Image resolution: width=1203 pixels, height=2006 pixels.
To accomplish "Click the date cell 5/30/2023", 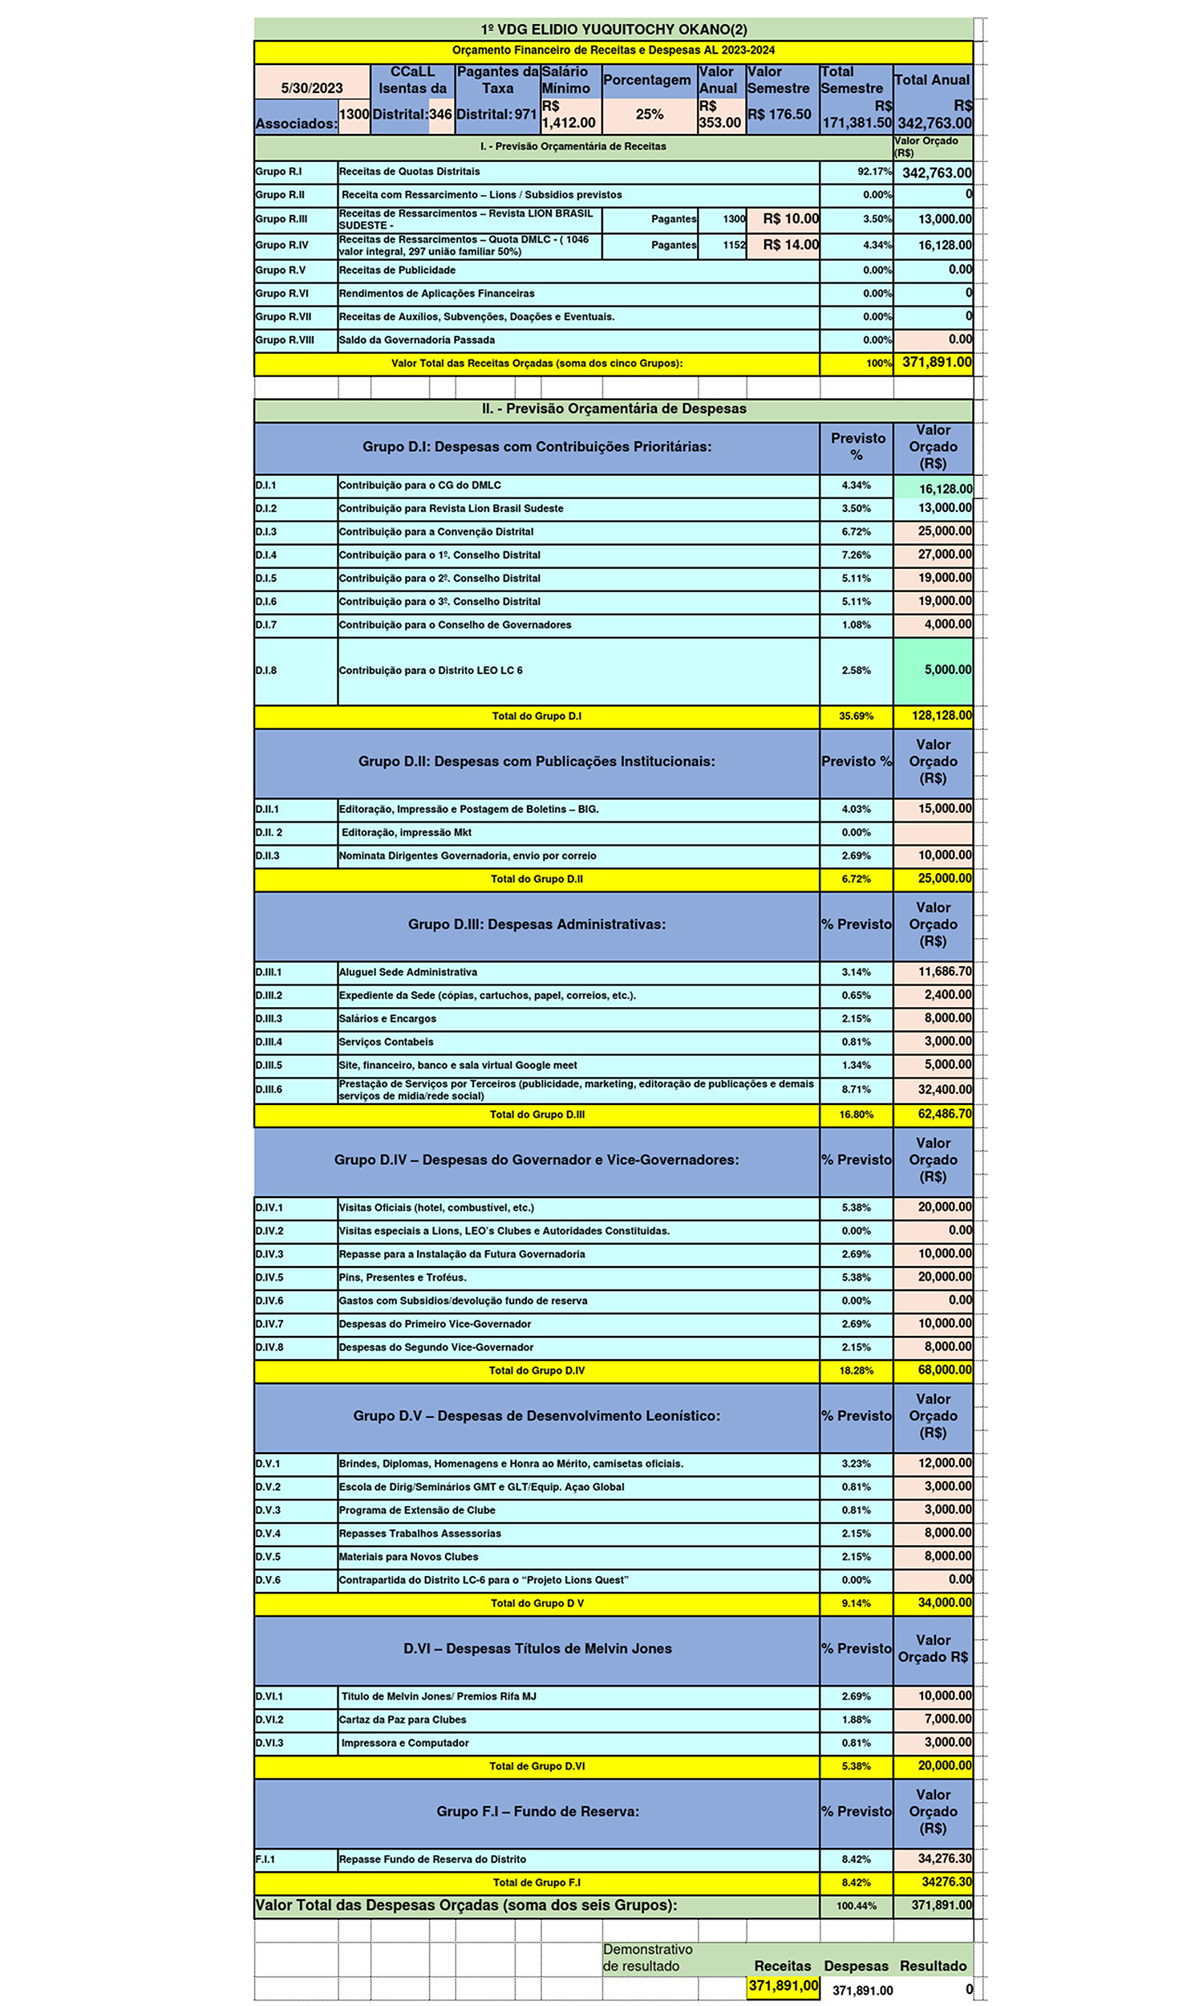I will [x=311, y=87].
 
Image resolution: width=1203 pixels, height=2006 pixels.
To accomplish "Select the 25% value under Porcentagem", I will [x=649, y=114].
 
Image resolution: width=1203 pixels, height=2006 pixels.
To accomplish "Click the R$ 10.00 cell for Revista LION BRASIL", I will [x=791, y=219].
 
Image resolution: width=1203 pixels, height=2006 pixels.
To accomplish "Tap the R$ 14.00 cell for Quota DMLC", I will [x=791, y=245].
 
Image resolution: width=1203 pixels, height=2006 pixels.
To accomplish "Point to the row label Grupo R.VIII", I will [x=285, y=339].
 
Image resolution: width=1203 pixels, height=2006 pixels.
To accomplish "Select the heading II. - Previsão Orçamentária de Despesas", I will [x=613, y=408].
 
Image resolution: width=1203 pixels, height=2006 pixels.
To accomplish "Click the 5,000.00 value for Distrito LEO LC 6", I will [x=947, y=670].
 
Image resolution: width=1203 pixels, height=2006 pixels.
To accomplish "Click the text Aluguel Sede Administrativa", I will [x=407, y=972].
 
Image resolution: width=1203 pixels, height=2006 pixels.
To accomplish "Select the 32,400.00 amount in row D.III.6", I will [x=944, y=1089].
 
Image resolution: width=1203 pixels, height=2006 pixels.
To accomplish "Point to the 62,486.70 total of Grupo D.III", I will [x=944, y=1113].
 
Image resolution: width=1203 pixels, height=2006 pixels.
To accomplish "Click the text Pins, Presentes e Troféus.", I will [x=402, y=1277].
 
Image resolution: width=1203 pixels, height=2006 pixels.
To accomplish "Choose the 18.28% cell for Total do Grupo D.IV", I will [x=855, y=1370].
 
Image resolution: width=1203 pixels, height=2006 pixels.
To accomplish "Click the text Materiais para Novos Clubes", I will [x=407, y=1556].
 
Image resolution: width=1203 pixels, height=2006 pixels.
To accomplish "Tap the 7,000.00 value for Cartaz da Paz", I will [x=947, y=1719].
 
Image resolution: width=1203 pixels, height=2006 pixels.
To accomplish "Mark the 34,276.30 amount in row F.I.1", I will [x=944, y=1858].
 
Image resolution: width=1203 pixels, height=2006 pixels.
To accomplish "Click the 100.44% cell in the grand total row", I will [x=855, y=1906].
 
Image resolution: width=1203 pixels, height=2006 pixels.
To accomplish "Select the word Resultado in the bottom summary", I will [x=932, y=1965].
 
